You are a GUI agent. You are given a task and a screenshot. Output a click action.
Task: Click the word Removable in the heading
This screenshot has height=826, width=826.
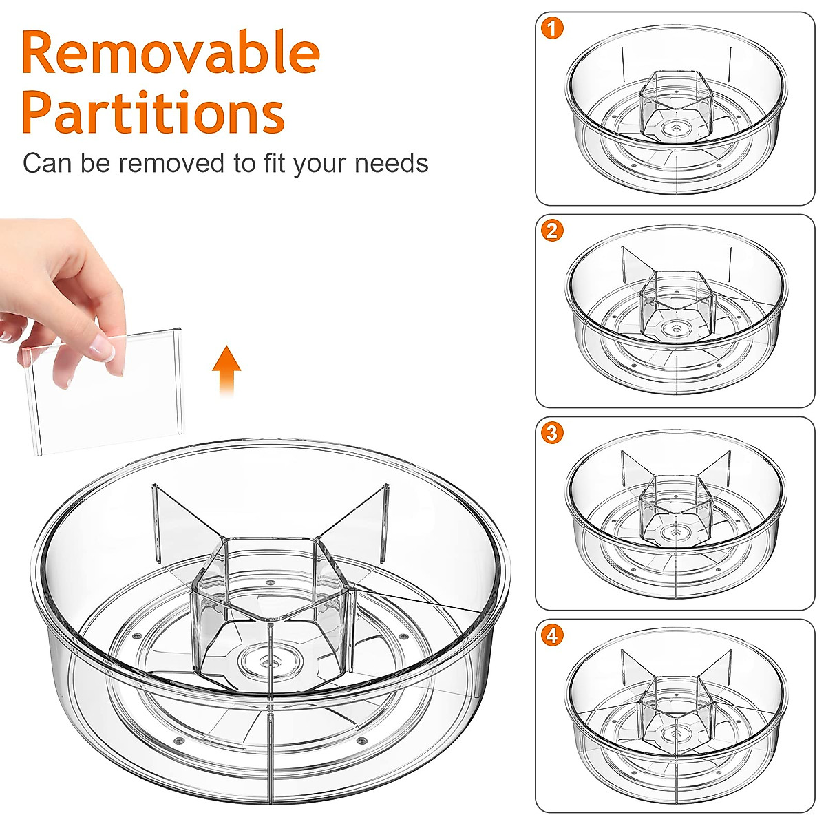pyautogui.click(x=171, y=54)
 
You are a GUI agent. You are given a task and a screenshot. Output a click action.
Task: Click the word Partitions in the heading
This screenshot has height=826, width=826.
pyautogui.click(x=153, y=112)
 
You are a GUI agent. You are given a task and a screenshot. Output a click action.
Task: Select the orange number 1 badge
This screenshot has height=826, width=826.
pyautogui.click(x=552, y=28)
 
